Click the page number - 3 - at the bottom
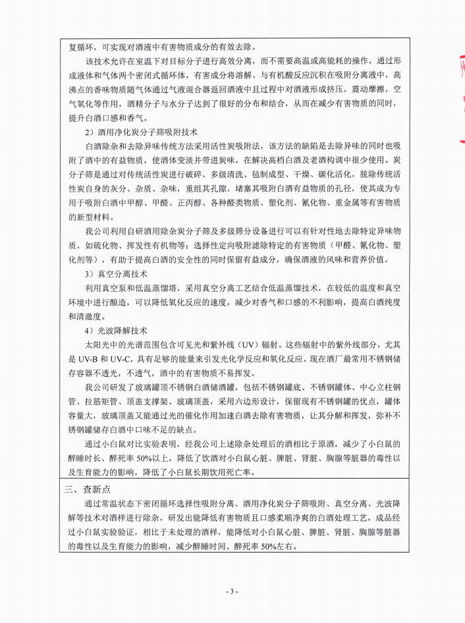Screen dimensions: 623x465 click(232, 591)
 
